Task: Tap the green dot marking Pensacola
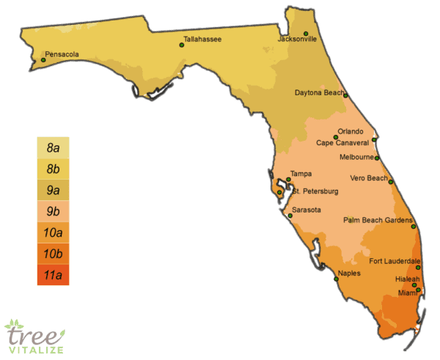pos(43,60)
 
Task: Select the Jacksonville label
pos(297,39)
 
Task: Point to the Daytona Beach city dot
pos(345,95)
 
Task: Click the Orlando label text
pos(350,131)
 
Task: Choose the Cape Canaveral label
pos(342,143)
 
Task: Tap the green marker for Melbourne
pos(378,158)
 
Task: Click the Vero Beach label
pos(367,178)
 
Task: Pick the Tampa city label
pos(301,174)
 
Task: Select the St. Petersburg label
pos(315,191)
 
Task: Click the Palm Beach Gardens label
pos(377,220)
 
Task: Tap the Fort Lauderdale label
pos(395,261)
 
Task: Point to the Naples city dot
pos(337,279)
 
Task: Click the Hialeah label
pos(407,279)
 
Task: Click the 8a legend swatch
pos(53,148)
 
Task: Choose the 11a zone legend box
pos(53,275)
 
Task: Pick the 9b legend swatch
pos(53,212)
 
